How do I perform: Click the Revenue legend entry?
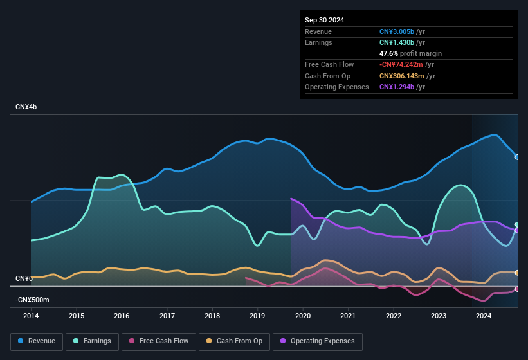click(x=37, y=341)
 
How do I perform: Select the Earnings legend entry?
click(x=92, y=341)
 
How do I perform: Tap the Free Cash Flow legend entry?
click(x=159, y=341)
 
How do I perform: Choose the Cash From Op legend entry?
click(x=234, y=341)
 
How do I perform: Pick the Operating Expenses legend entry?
click(x=318, y=341)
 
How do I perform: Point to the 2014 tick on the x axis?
click(x=31, y=316)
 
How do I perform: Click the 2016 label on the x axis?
click(x=122, y=316)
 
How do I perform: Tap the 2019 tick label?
click(x=257, y=316)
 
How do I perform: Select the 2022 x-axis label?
click(x=393, y=316)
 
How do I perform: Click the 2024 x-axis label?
click(x=484, y=316)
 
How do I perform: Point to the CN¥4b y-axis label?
click(x=26, y=107)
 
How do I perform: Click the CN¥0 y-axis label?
click(x=24, y=278)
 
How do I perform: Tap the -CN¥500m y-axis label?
click(x=32, y=300)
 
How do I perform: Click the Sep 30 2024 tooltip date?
click(x=324, y=20)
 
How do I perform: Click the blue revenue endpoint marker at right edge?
click(x=517, y=157)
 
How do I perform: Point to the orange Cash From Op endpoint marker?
click(x=517, y=273)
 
